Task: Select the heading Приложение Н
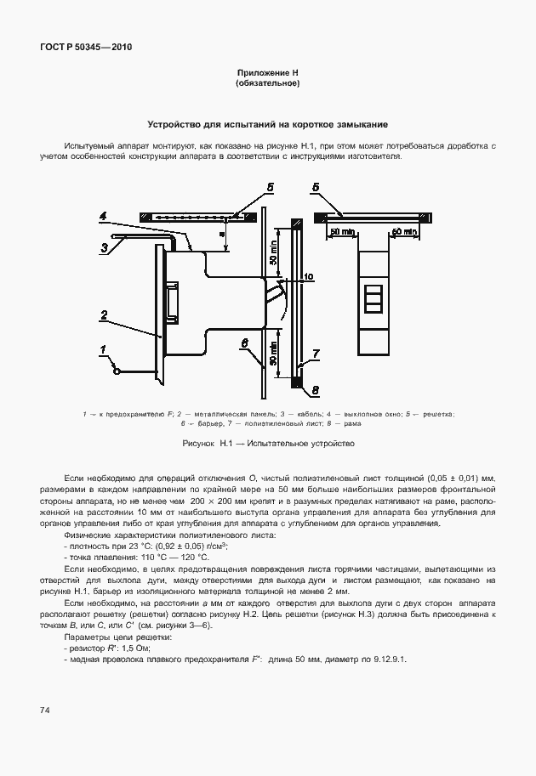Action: (x=267, y=74)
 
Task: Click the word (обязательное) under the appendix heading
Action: (x=267, y=84)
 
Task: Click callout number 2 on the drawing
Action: (x=104, y=314)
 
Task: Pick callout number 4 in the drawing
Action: (x=103, y=217)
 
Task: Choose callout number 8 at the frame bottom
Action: (x=315, y=390)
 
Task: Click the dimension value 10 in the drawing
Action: (x=308, y=276)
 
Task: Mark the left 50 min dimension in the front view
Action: (x=344, y=231)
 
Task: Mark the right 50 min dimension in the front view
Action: (x=403, y=231)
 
